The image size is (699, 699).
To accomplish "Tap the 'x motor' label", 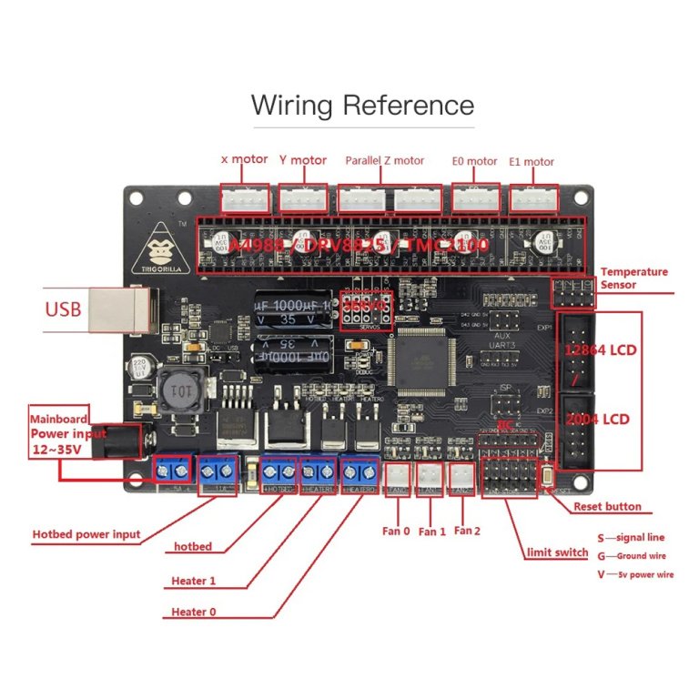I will (x=245, y=159).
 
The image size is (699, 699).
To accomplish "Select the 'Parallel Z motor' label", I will (x=384, y=161).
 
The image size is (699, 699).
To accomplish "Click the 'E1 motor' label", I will (x=532, y=162).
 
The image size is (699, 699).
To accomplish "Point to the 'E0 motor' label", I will (x=474, y=162).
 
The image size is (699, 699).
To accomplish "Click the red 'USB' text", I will (x=64, y=309).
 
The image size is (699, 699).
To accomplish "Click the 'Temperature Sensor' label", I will (x=633, y=279).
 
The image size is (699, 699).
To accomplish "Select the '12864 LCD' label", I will (x=600, y=350).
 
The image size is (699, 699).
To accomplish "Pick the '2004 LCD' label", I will (x=600, y=420).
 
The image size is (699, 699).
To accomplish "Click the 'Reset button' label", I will (x=606, y=507).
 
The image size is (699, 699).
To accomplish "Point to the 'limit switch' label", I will (x=558, y=552).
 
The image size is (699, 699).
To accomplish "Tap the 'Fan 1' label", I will (x=431, y=532).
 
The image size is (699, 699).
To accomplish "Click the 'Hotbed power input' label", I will (x=86, y=534).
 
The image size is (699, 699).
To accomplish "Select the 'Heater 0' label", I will (x=194, y=612).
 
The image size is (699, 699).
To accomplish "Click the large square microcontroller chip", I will (x=420, y=360).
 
